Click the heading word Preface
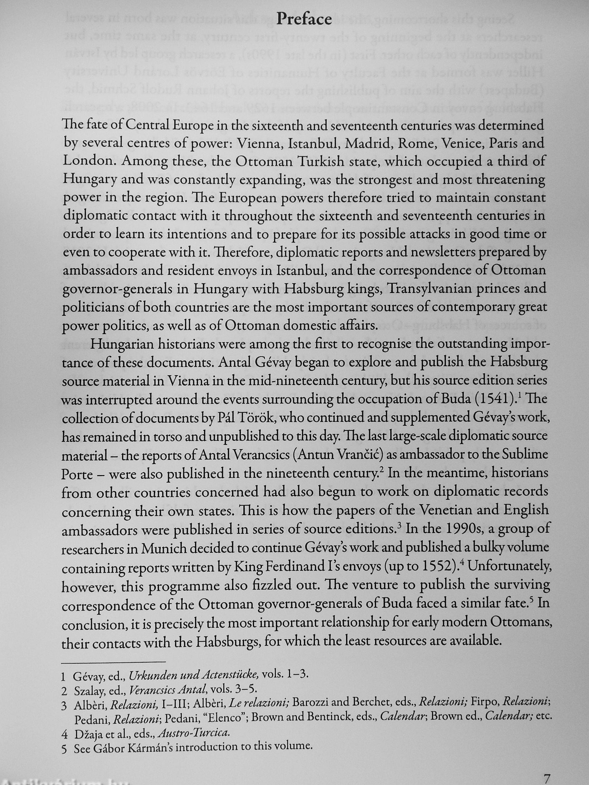tap(304, 19)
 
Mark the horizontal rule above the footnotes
tap(114, 662)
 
